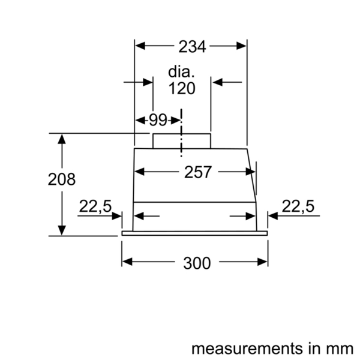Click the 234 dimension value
point(191,46)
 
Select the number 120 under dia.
point(182,89)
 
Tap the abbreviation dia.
point(182,72)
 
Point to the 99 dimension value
point(158,120)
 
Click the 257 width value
point(197,172)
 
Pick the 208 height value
point(62,179)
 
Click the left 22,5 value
point(95,206)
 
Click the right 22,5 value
point(298,206)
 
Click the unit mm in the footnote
point(342,348)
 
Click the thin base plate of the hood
point(195,233)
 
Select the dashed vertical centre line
point(181,132)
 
